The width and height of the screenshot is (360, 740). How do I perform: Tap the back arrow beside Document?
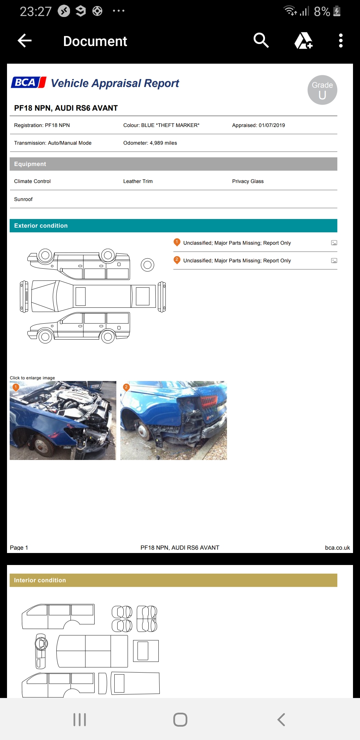pos(25,41)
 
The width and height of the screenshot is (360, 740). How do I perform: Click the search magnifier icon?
pos(261,40)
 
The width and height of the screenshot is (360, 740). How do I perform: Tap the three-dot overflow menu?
pos(341,41)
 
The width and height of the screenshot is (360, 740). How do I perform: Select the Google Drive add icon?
pos(303,41)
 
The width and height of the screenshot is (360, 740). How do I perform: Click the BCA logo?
pos(29,82)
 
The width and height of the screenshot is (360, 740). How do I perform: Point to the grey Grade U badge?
pos(322,90)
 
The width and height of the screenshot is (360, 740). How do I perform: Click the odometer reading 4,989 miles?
pos(163,143)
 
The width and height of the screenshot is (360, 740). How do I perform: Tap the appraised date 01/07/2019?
pos(272,125)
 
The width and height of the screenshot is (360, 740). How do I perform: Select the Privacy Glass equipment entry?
pos(248,181)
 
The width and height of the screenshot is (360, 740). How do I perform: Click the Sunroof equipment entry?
pos(23,199)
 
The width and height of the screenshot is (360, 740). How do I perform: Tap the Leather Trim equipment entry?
pos(138,181)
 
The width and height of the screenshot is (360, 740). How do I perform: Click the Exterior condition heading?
pos(41,226)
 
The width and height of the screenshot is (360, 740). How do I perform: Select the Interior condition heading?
pos(40,580)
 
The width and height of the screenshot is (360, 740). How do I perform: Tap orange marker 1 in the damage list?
pos(177,242)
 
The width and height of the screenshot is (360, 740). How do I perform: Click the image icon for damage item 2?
pos(334,261)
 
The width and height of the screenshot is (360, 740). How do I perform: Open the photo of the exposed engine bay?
pos(63,421)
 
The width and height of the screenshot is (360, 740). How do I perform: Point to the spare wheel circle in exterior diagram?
pos(147,265)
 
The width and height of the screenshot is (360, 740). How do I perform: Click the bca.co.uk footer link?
pos(337,548)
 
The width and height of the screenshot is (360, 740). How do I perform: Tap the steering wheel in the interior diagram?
pos(42,644)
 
